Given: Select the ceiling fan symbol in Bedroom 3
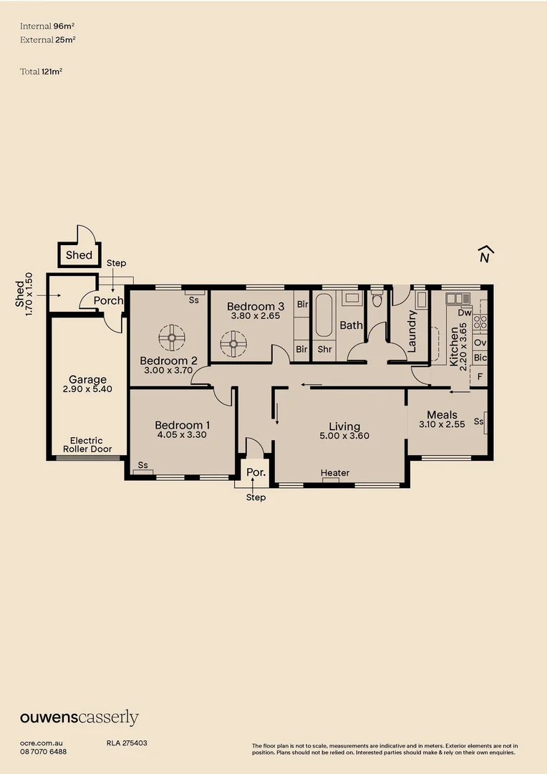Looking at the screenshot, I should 232,343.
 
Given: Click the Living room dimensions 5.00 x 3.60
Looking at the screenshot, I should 344,436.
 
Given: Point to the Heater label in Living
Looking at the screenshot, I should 335,473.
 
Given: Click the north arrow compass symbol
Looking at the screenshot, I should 485,255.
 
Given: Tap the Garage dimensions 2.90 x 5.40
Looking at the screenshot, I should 87,391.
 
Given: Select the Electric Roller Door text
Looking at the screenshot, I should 87,445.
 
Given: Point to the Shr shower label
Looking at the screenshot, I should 324,349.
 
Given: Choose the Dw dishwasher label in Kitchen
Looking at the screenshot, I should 464,312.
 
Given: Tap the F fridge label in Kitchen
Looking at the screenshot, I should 480,376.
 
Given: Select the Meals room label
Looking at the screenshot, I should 442,414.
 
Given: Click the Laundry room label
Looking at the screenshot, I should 412,330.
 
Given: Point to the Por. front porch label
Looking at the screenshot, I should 256,473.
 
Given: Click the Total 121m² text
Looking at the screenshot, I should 42,71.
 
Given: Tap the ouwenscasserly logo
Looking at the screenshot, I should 79,717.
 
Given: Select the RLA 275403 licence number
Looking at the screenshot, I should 127,743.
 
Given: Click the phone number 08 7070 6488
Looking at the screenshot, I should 44,751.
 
